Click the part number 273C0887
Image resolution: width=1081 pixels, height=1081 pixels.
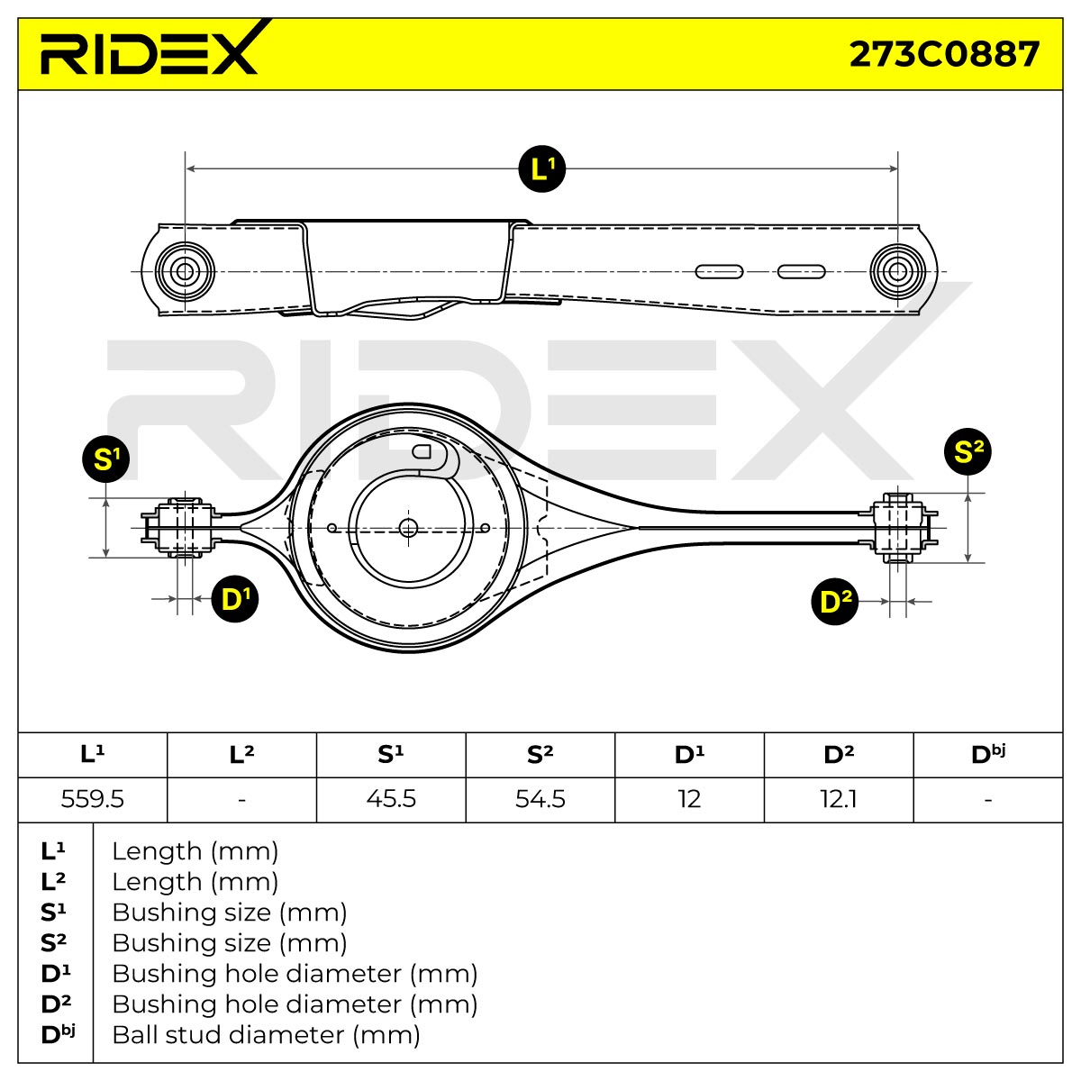tap(944, 54)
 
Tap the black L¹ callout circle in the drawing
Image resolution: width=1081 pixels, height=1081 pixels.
tap(541, 168)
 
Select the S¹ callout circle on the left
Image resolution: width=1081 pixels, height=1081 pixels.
tap(105, 459)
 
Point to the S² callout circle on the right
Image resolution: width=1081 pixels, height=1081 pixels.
tap(967, 451)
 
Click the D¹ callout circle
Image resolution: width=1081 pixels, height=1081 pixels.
tap(235, 598)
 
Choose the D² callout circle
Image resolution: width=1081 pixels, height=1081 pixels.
tap(835, 602)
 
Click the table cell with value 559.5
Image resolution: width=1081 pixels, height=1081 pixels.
tap(93, 799)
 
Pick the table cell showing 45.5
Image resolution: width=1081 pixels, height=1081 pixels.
tap(391, 799)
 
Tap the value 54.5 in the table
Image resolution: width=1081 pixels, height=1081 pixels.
tap(540, 799)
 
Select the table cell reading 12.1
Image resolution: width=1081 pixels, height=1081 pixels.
tap(839, 799)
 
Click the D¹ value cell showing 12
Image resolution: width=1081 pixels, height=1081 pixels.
tap(689, 799)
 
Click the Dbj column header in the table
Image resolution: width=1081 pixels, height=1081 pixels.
tap(988, 755)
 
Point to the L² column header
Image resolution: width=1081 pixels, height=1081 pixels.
tap(241, 755)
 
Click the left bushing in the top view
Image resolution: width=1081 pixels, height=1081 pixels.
tap(185, 272)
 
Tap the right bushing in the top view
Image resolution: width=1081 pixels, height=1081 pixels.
tap(897, 272)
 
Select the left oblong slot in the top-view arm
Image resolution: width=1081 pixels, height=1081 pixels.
tap(719, 272)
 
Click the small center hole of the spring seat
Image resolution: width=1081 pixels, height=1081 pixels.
tap(408, 528)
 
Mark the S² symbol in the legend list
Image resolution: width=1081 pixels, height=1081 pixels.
tap(53, 943)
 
